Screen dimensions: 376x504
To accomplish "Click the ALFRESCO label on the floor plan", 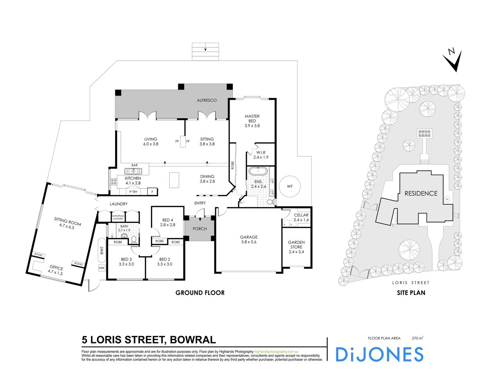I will (x=207, y=101).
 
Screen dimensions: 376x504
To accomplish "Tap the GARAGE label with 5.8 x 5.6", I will (x=249, y=239).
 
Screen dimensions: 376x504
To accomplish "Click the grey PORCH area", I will (x=200, y=229).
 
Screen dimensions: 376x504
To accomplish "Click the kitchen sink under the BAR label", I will (x=133, y=171).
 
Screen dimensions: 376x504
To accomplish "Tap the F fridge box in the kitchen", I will (x=152, y=192).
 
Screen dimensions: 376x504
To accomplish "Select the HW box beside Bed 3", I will (x=102, y=268).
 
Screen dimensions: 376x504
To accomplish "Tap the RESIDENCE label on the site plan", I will (x=421, y=193).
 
